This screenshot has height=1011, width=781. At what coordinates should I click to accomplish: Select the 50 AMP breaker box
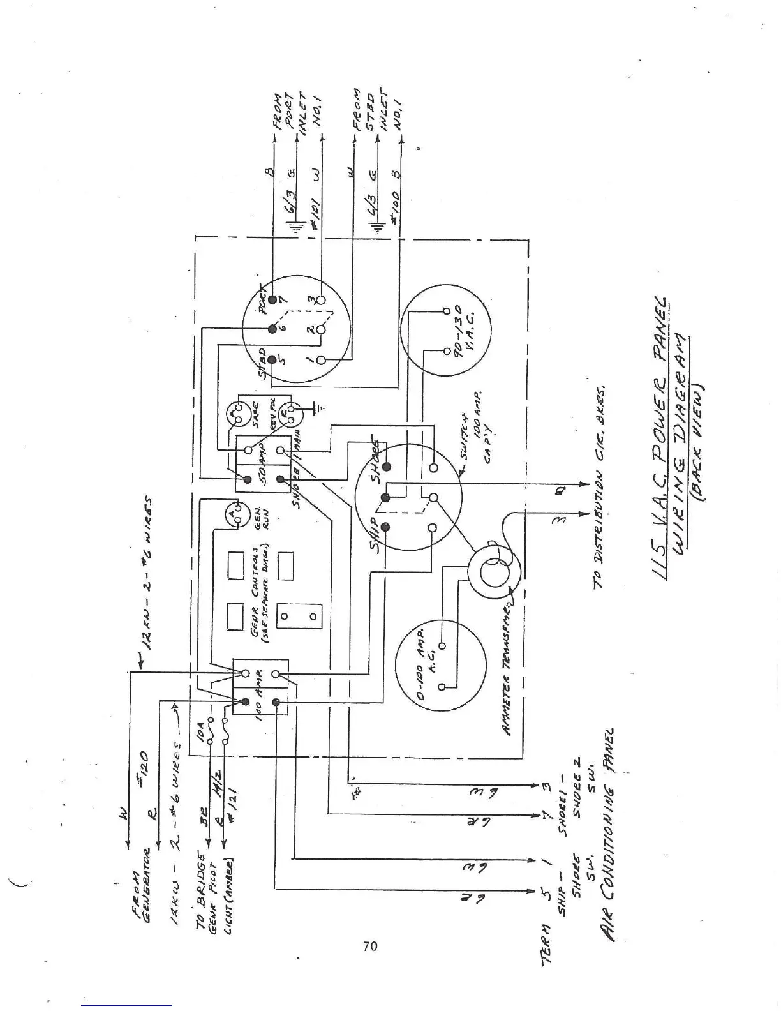coord(263,464)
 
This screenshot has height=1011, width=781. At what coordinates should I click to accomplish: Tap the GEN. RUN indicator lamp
coord(236,516)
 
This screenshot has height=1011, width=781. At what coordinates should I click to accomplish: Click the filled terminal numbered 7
coord(272,299)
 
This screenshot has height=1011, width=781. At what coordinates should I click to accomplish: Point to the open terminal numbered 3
coord(321,299)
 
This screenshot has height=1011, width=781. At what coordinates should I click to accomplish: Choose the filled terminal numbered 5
coord(272,360)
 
